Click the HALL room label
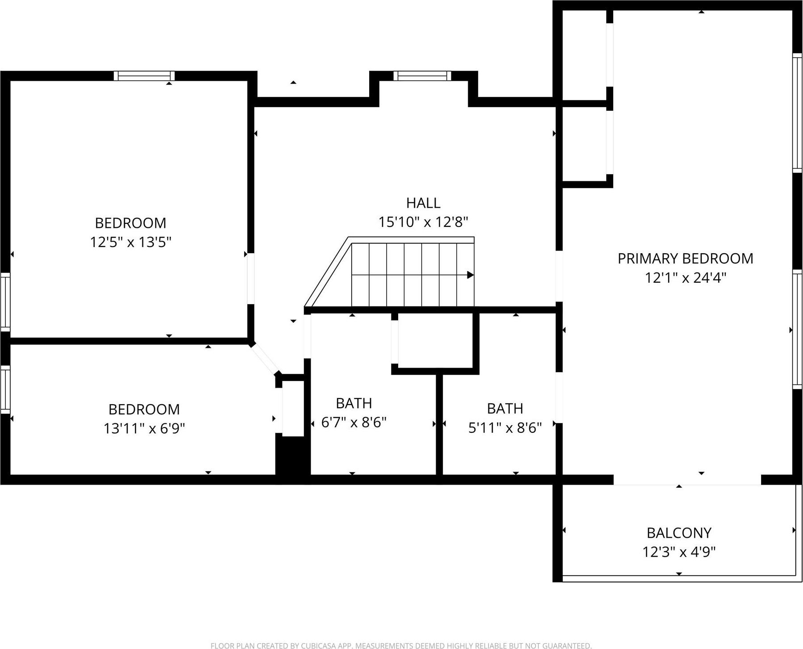click(423, 203)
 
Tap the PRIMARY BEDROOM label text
click(685, 259)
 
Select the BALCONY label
click(679, 533)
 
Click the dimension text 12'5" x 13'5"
click(131, 242)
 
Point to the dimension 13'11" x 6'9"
click(144, 429)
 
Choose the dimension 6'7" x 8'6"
click(354, 423)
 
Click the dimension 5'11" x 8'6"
click(505, 428)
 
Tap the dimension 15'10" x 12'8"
click(423, 222)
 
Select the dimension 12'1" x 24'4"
click(685, 278)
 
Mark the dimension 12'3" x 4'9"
click(679, 552)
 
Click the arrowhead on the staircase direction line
click(470, 275)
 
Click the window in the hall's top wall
click(422, 76)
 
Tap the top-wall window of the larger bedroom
click(144, 76)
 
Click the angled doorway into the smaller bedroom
click(264, 359)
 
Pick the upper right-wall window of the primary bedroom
click(797, 113)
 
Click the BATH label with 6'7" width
click(354, 403)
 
